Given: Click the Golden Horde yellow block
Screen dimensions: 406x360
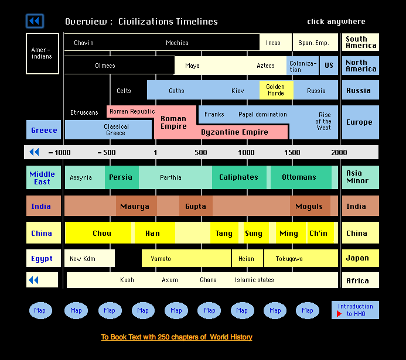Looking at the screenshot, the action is coord(276,90).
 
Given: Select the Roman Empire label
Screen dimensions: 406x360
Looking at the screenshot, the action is coord(173,122).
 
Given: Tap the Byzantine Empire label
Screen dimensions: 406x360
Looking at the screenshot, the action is coord(234,132).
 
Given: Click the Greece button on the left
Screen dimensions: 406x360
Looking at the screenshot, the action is coord(44,130).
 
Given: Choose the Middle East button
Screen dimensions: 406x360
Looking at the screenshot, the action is coord(42,177).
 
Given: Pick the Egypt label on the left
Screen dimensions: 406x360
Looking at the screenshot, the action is coord(42,258).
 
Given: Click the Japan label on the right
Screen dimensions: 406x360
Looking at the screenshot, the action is coord(357,258).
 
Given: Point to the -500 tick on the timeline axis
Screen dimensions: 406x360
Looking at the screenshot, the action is coord(106,152).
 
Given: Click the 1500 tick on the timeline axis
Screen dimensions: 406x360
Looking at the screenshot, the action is coord(292,152).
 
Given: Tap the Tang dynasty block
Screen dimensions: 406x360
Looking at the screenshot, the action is coord(224,233).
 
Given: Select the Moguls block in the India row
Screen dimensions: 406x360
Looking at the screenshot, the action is coord(309,206).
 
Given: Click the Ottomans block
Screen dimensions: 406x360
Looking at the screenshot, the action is coord(299,177).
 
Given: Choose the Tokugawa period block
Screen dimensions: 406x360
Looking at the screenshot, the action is coord(289,258).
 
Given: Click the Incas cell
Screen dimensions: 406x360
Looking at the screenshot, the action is coord(274,43).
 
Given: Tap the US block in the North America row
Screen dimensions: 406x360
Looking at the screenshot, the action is coord(329,66).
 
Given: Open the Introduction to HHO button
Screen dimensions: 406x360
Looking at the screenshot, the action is coord(355,310).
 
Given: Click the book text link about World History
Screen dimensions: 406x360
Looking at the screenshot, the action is coord(176,337).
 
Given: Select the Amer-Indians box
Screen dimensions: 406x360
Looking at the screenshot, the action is coord(42,53).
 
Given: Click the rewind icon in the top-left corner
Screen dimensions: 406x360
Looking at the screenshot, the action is coord(35,21).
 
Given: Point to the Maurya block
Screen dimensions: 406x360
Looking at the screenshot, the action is coord(135,206).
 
